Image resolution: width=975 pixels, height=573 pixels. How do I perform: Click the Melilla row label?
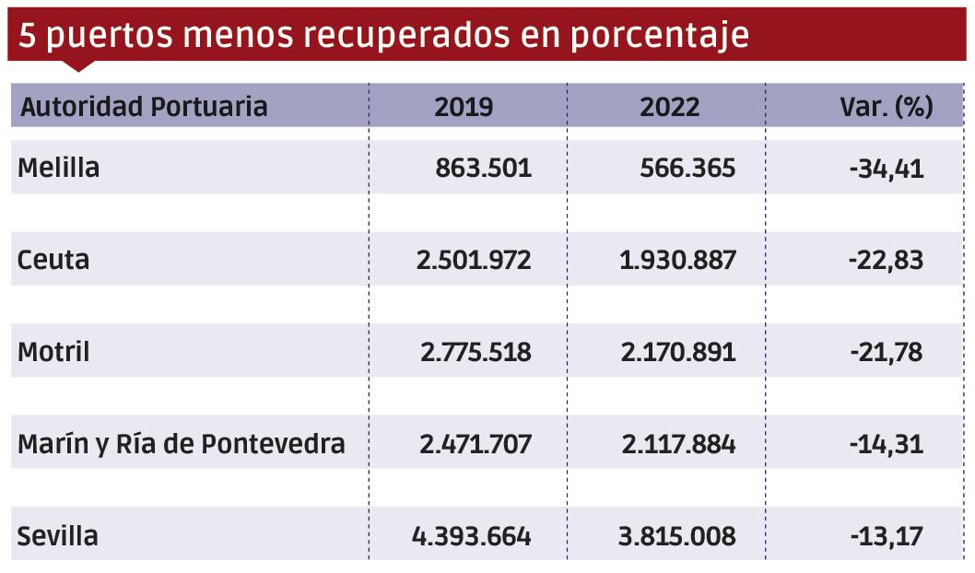[x=58, y=169]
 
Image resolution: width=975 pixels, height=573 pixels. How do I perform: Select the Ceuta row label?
[x=53, y=260]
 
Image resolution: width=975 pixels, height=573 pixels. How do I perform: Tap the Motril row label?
[x=53, y=352]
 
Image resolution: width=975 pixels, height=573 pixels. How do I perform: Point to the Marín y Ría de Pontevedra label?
[x=182, y=444]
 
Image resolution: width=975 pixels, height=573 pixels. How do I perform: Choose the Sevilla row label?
[x=57, y=536]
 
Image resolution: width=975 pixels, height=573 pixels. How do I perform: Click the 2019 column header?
[x=464, y=107]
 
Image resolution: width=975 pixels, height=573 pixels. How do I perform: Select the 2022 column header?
[x=670, y=107]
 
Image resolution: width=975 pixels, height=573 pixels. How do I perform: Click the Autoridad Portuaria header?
[x=144, y=107]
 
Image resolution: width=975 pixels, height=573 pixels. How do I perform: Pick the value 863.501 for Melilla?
[x=483, y=169]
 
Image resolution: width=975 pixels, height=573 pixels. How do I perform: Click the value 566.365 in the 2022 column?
[x=687, y=169]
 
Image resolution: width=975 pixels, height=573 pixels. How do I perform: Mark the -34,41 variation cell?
[x=886, y=169]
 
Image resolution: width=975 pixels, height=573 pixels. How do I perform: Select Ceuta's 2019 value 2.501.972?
[x=474, y=260]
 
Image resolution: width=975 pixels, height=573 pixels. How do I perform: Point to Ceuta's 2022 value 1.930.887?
[x=679, y=260]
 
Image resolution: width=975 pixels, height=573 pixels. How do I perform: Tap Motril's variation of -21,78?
[x=886, y=352]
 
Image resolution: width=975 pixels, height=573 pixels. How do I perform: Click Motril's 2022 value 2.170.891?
[x=679, y=352]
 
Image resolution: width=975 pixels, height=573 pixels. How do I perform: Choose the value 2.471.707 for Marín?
[x=475, y=444]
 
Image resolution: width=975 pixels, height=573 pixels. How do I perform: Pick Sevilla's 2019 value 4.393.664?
[x=470, y=536]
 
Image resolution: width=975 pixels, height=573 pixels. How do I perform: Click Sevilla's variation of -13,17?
[x=886, y=536]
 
